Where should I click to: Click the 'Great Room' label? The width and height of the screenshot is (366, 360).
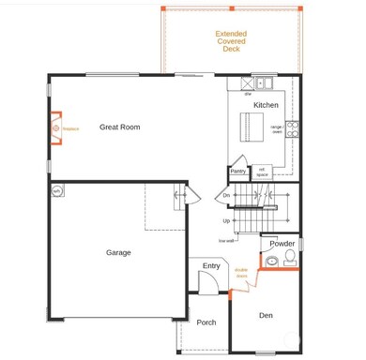pos(119,127)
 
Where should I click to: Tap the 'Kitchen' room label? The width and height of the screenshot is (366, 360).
pos(266,105)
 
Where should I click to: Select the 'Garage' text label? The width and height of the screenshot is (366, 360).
pos(118,252)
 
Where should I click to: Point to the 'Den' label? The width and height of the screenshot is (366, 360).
pos(266,316)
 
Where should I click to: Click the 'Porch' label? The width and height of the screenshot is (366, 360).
pos(206,322)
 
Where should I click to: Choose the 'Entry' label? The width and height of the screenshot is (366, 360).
pos(211,266)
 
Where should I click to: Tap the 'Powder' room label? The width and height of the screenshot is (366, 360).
pos(282,244)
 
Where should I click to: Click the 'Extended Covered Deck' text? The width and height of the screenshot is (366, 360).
pos(231,41)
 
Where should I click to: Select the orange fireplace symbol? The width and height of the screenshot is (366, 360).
pos(55,127)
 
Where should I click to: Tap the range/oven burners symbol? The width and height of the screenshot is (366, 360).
pos(292,128)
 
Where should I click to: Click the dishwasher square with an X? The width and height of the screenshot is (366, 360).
pos(248,84)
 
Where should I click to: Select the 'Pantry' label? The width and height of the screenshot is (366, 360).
pos(237,171)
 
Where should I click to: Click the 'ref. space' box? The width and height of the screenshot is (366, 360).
pos(262,172)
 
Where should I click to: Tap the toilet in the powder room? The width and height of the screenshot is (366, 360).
pos(290,256)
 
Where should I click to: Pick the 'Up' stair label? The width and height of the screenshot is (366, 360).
pos(226,220)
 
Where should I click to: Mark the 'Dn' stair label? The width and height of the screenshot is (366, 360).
pos(226,195)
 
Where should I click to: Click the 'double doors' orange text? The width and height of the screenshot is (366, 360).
pos(241,275)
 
